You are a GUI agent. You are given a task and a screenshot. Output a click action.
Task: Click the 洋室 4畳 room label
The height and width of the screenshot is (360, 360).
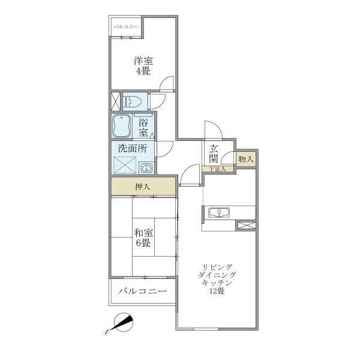coord(143,66)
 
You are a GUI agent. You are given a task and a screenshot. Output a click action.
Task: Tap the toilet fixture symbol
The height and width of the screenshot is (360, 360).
coord(132,101)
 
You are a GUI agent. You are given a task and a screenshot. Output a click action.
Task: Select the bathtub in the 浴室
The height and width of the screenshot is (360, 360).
coord(121,126)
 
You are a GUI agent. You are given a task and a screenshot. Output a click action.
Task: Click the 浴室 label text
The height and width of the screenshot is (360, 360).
coord(143,128)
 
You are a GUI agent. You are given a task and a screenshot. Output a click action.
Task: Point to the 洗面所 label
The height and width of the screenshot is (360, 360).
coord(133,149)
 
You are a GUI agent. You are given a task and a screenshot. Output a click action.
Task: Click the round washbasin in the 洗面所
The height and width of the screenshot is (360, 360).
coord(146,168)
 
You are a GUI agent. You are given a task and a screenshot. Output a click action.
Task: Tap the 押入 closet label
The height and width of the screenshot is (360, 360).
coord(142,187)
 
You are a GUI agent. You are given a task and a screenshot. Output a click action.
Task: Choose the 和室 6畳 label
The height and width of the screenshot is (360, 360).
coord(143,238)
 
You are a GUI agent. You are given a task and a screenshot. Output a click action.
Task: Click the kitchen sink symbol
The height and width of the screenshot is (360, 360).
coord(219,212)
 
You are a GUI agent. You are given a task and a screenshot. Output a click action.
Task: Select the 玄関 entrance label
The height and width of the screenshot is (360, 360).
coord(213,154)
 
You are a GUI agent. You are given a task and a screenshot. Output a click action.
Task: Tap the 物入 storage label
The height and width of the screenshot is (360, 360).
coord(246,159)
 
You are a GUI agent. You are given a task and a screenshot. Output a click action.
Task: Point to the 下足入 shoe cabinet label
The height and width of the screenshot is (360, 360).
coord(218,169)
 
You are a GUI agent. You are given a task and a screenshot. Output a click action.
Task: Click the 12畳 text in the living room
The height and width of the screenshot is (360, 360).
coord(217,291)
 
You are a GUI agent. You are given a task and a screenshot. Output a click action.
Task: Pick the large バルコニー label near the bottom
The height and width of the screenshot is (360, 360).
coord(142,292)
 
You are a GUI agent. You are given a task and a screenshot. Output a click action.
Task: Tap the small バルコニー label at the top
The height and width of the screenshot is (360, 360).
coord(126,27)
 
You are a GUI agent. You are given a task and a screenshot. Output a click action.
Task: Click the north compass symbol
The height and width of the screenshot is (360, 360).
coord(123,323)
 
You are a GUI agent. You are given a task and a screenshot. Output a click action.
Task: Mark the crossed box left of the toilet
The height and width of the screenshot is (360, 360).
coord(115,101)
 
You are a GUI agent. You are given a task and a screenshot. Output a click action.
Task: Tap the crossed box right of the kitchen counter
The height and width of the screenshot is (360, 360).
coord(247,225)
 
